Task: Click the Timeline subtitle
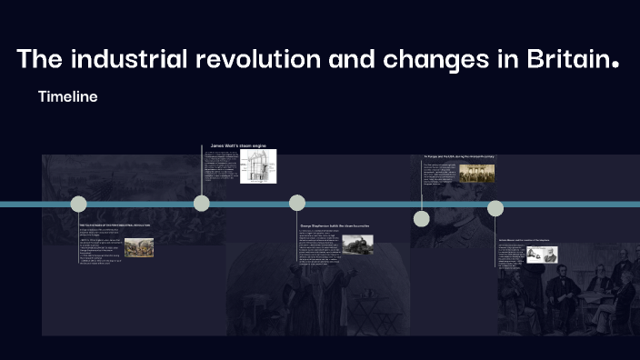pyautogui.click(x=67, y=96)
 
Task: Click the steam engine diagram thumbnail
pyautogui.click(x=257, y=166)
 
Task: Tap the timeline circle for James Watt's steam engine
pyautogui.click(x=202, y=203)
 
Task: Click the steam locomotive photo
pyautogui.click(x=357, y=245)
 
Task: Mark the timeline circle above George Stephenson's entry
pyautogui.click(x=297, y=203)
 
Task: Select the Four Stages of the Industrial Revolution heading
pyautogui.click(x=115, y=224)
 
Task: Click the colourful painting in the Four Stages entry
pyautogui.click(x=139, y=247)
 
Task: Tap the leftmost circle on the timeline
pyautogui.click(x=79, y=204)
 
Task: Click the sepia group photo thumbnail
pyautogui.click(x=476, y=173)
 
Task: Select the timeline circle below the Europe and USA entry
pyautogui.click(x=421, y=218)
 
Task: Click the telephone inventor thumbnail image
pyautogui.click(x=542, y=255)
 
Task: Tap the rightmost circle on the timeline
pyautogui.click(x=495, y=208)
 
